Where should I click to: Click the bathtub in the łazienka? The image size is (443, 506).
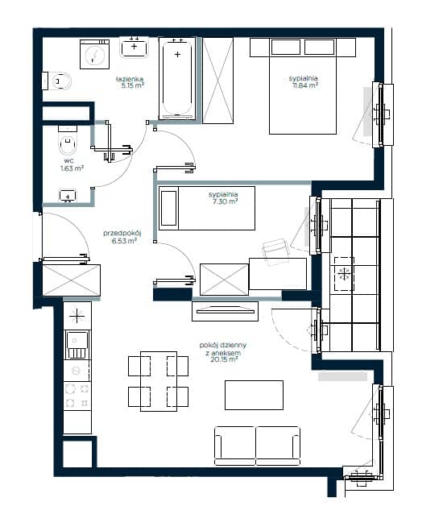[177, 78]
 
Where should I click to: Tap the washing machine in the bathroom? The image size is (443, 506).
[94, 54]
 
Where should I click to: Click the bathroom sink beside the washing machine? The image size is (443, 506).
[135, 48]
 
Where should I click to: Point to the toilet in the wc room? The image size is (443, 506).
[68, 141]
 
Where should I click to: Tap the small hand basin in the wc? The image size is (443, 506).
[68, 196]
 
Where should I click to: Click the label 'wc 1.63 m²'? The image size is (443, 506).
[72, 164]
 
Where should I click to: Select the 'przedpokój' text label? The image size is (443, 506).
[122, 233]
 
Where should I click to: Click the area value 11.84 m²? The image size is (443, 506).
[305, 85]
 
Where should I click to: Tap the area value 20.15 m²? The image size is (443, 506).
[224, 359]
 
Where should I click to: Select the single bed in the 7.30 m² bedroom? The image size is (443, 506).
[207, 208]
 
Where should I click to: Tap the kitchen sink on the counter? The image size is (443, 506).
[77, 345]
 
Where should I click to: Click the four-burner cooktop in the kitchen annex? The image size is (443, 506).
[77, 396]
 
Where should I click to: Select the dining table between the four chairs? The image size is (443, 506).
[159, 381]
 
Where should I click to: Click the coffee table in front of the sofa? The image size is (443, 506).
[254, 395]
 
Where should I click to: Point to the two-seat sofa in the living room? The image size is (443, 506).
[257, 446]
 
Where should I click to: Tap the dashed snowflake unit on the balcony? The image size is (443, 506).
[344, 274]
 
